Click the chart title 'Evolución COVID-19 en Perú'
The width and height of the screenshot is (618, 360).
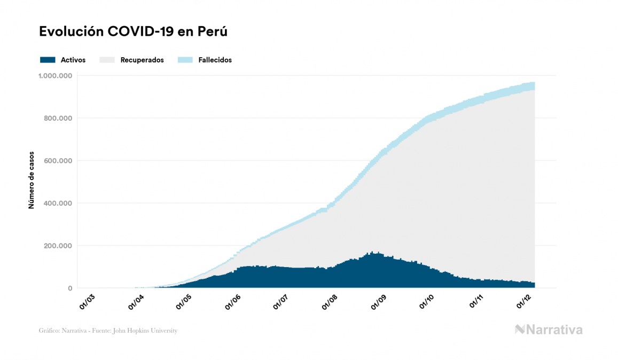[133, 32]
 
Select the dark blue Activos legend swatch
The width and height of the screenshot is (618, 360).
[48, 60]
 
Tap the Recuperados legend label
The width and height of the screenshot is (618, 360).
[142, 60]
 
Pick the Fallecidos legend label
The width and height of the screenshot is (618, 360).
[215, 60]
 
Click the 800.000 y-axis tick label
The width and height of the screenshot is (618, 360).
[58, 118]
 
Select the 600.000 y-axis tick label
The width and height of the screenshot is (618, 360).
[58, 161]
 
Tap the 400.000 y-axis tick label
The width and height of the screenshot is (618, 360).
[58, 204]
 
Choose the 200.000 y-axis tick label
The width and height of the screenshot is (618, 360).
[58, 246]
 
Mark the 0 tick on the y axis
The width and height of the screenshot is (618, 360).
[69, 288]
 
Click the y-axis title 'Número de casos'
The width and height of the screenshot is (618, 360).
[32, 180]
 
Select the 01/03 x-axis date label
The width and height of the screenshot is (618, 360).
[88, 301]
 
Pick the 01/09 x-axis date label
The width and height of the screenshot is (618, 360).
[379, 301]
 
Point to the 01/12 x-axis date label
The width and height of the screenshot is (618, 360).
[524, 301]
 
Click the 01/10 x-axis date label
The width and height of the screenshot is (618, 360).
[427, 301]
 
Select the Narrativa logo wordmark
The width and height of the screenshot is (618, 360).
[554, 330]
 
